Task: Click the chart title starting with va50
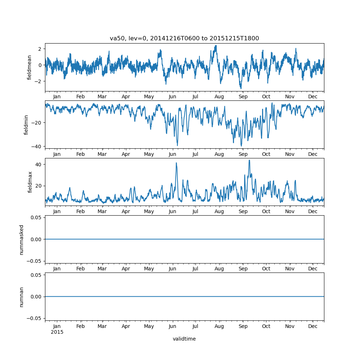coord(184,39)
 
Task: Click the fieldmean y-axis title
coord(30,67)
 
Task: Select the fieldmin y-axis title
coord(26,125)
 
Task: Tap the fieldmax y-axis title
coord(30,182)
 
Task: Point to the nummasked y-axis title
coord(22,239)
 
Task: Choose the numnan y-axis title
coord(22,297)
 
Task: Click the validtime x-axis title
coord(184,339)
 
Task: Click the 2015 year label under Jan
coord(57,332)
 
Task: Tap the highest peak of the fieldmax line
coord(249,160)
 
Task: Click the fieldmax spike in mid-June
coord(176,163)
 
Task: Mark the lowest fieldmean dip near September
coord(241,89)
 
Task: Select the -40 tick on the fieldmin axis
coord(37,146)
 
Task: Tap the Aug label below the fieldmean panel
coord(219,97)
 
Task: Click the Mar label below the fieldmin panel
coord(102,154)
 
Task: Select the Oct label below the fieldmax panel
coord(266,212)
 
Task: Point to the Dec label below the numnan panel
coord(313,326)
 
